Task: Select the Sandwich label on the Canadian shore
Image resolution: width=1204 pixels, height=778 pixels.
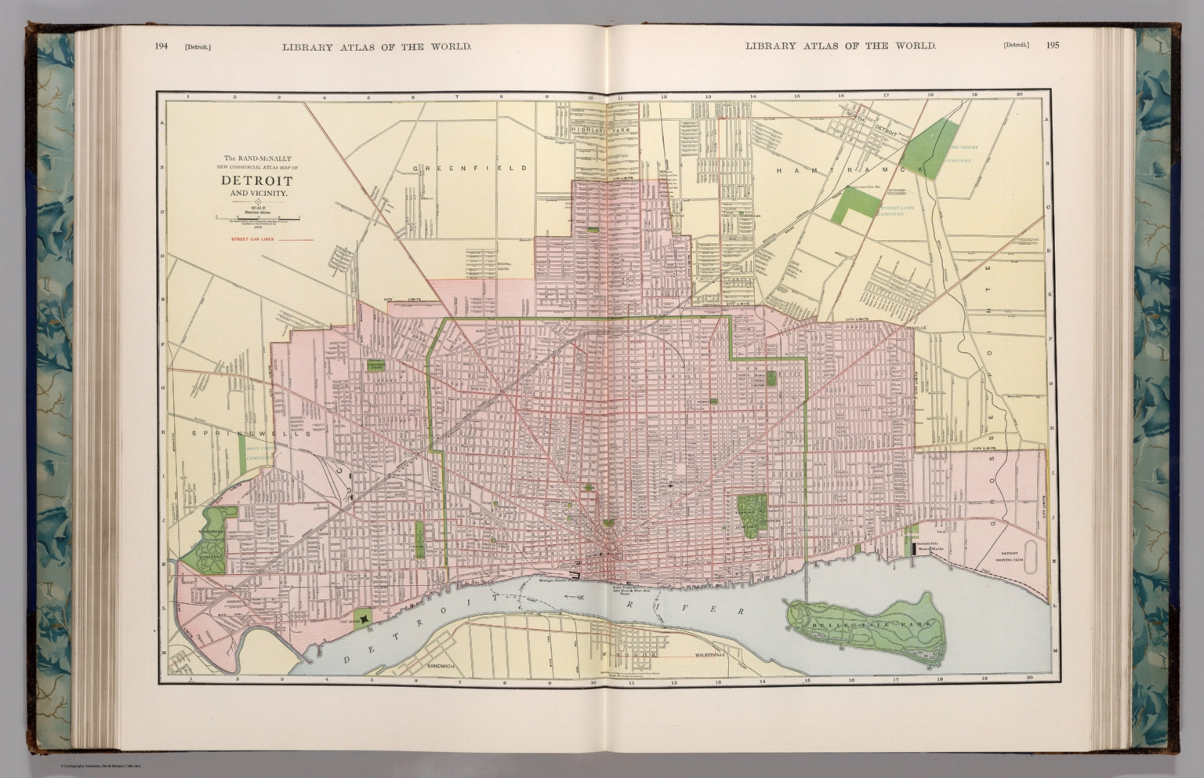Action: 441,666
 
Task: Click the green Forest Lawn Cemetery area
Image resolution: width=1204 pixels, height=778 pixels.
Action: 854,206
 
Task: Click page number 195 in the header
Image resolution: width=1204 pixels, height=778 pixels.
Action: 1052,45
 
